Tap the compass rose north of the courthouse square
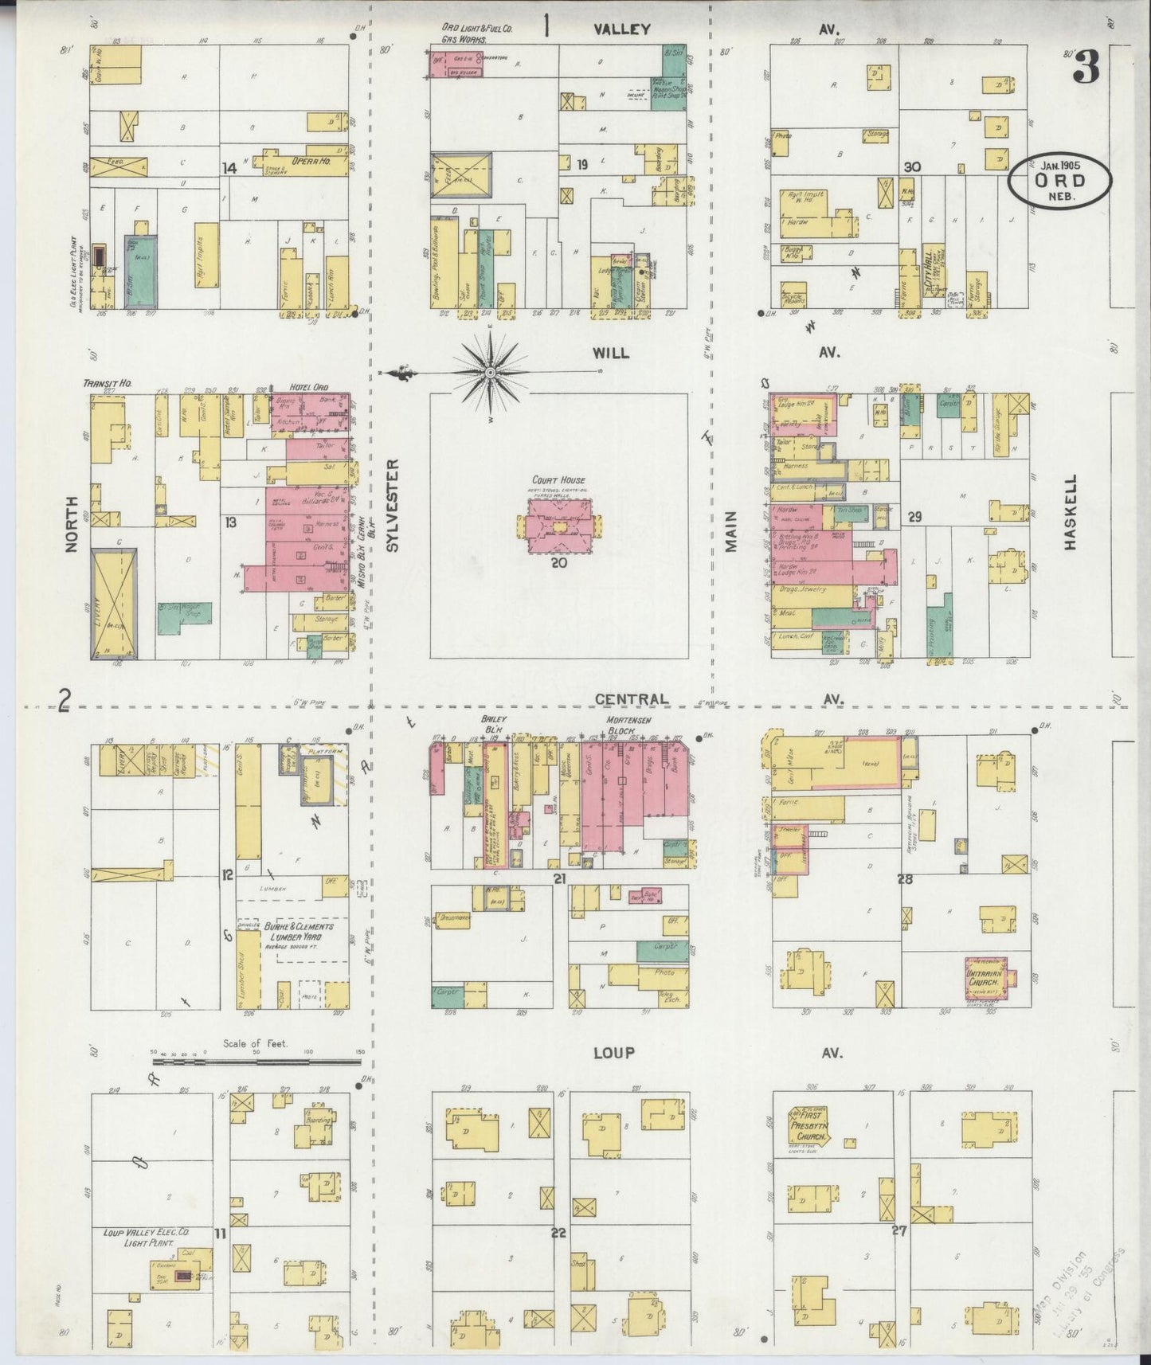(x=489, y=373)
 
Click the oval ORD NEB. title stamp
(x=1059, y=182)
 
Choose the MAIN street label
(x=730, y=530)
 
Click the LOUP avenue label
(x=613, y=1052)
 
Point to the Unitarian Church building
(x=985, y=977)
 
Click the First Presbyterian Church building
(x=809, y=1126)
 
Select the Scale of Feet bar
(x=256, y=1061)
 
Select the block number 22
(x=558, y=1231)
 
